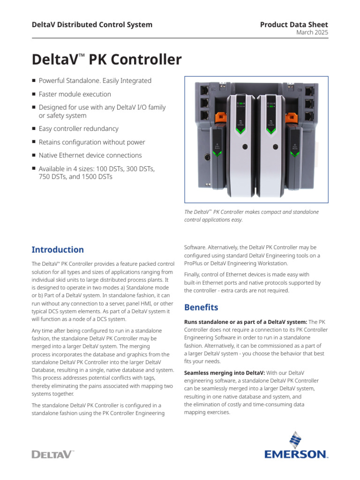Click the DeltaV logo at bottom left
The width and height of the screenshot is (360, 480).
pos(52,454)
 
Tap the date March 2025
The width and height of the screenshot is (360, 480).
pos(312,32)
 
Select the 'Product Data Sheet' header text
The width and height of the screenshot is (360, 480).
pos(294,24)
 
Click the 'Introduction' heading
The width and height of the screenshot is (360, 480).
pos(58,249)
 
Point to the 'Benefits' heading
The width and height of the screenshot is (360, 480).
pos(201,307)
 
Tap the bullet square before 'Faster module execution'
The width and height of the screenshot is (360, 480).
pos(34,94)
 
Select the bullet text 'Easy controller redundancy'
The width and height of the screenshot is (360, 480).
pos(78,128)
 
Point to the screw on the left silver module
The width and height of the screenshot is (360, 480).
pos(244,147)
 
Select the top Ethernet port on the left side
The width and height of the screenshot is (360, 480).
pos(204,89)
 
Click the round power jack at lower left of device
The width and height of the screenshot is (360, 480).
pos(205,157)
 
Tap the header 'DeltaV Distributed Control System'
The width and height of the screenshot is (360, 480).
pos(92,24)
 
